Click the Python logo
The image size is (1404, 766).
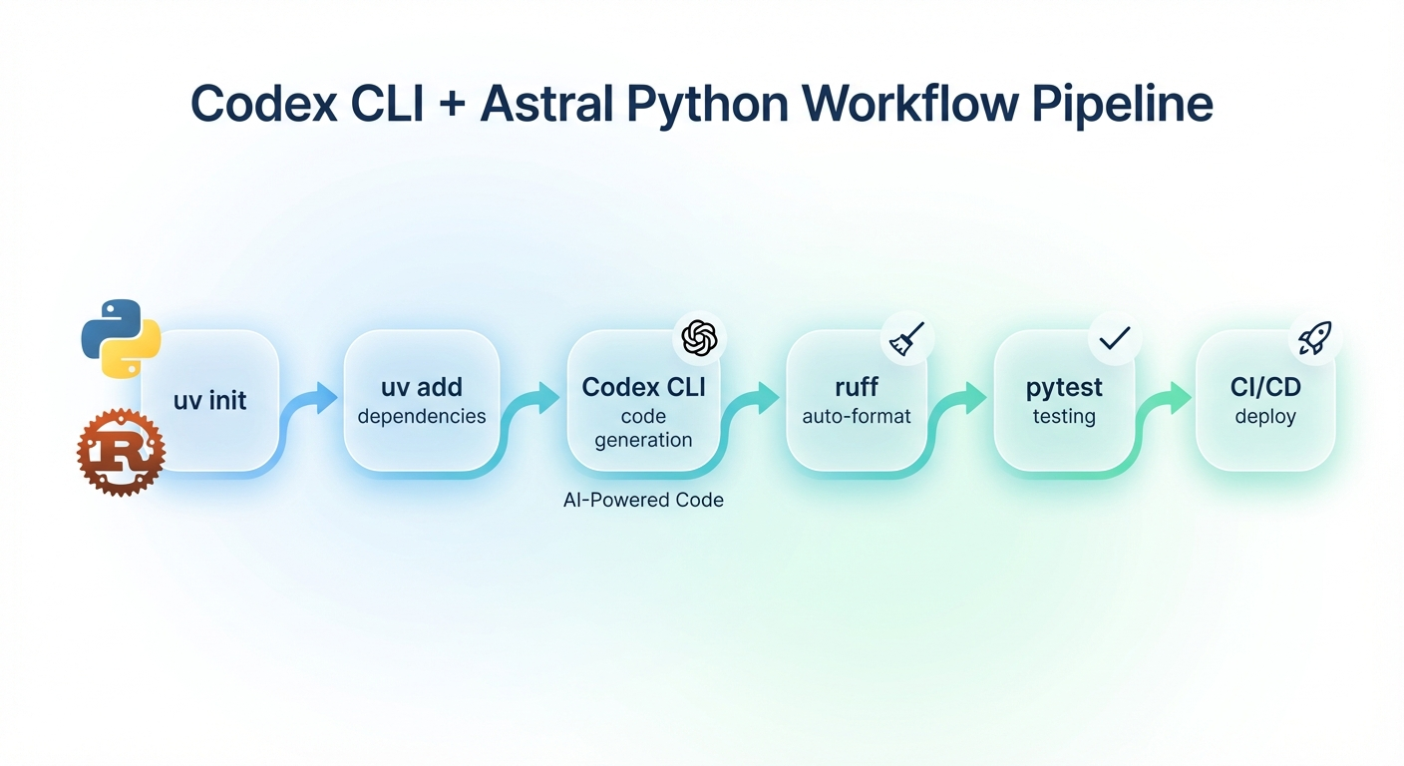coord(121,338)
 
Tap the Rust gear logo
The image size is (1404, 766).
coord(121,452)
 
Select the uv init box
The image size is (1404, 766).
coord(210,401)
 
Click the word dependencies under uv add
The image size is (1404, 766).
coord(421,416)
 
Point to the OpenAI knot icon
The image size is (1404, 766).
coord(699,338)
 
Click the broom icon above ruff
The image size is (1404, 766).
coord(907,339)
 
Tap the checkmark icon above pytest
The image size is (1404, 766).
coord(1114,339)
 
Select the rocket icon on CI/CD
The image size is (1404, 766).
coord(1315,339)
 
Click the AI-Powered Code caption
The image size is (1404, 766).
coord(643,500)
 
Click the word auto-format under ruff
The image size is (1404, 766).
coord(857,416)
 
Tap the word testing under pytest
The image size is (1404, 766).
coord(1064,416)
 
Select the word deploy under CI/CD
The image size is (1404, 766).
coord(1264,416)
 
